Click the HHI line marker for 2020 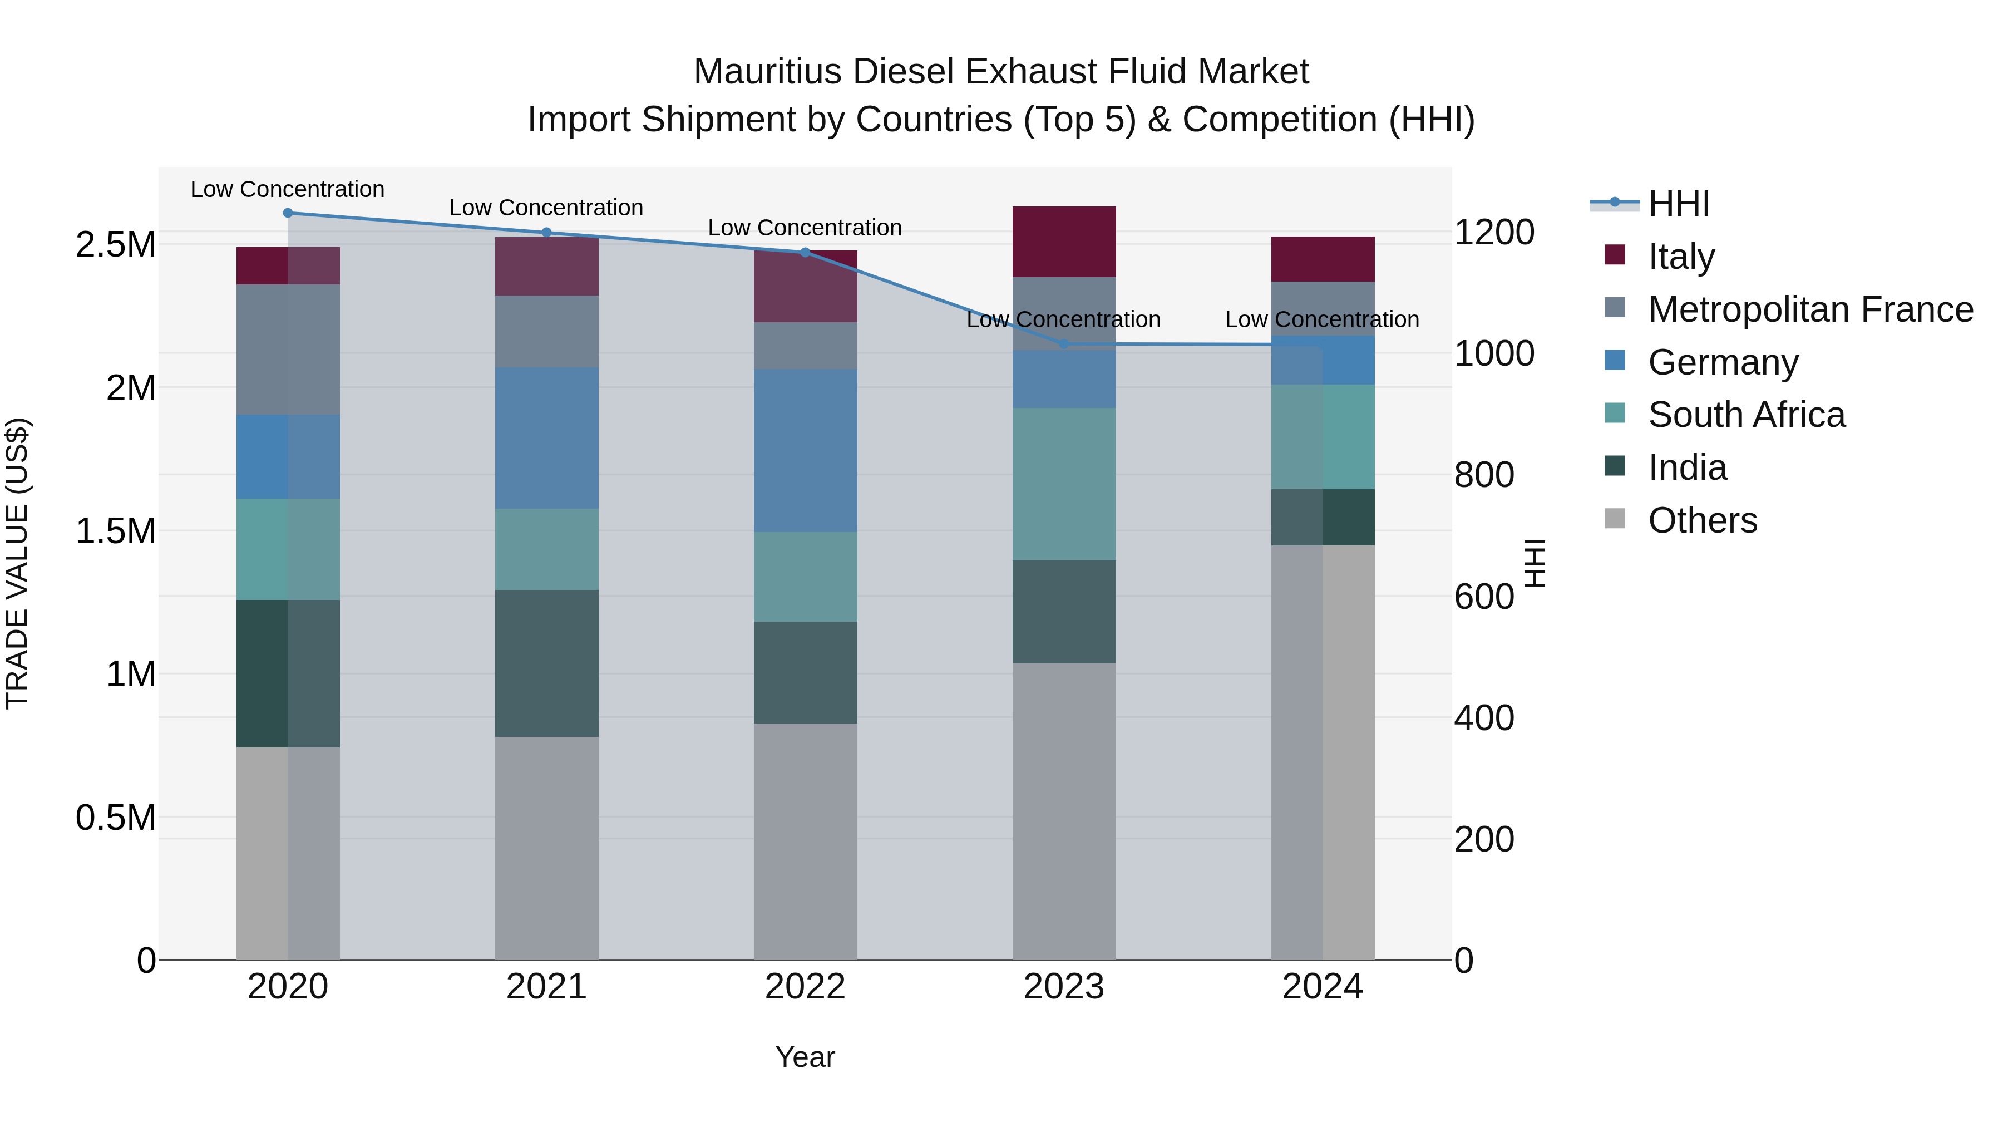point(288,213)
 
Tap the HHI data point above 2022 point(805,252)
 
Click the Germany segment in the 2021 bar point(546,438)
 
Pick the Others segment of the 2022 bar point(805,841)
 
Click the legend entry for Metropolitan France point(1810,309)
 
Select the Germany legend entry point(1723,362)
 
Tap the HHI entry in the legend point(1678,204)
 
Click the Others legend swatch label point(1702,520)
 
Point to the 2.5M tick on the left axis point(115,245)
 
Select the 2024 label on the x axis point(1322,987)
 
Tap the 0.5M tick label point(115,818)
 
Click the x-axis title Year point(805,1057)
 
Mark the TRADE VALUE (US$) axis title point(17,563)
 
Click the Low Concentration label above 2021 point(546,208)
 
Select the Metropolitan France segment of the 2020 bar point(288,349)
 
